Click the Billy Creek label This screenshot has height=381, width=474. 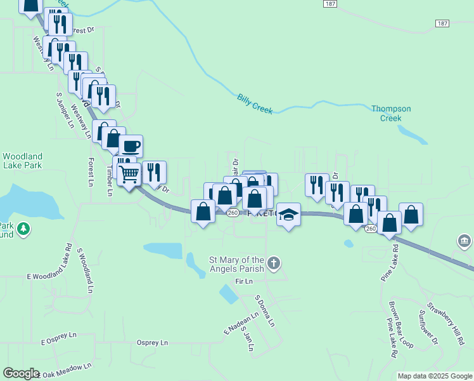(x=255, y=104)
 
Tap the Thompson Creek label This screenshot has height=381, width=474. (x=391, y=113)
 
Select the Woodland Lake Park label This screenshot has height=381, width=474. (x=22, y=161)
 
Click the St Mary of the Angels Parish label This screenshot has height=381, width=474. (x=236, y=264)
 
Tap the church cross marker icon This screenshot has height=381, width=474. (x=273, y=263)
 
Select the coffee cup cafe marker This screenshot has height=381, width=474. (x=131, y=146)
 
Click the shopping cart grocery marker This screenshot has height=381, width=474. (x=129, y=173)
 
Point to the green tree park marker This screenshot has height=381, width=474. (x=23, y=228)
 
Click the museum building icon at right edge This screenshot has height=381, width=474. (x=464, y=241)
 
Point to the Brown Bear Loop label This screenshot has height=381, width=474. (x=400, y=324)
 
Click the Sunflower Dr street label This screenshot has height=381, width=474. (x=428, y=327)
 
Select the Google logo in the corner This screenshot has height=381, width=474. (x=21, y=373)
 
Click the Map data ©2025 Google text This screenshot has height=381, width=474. (x=435, y=376)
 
